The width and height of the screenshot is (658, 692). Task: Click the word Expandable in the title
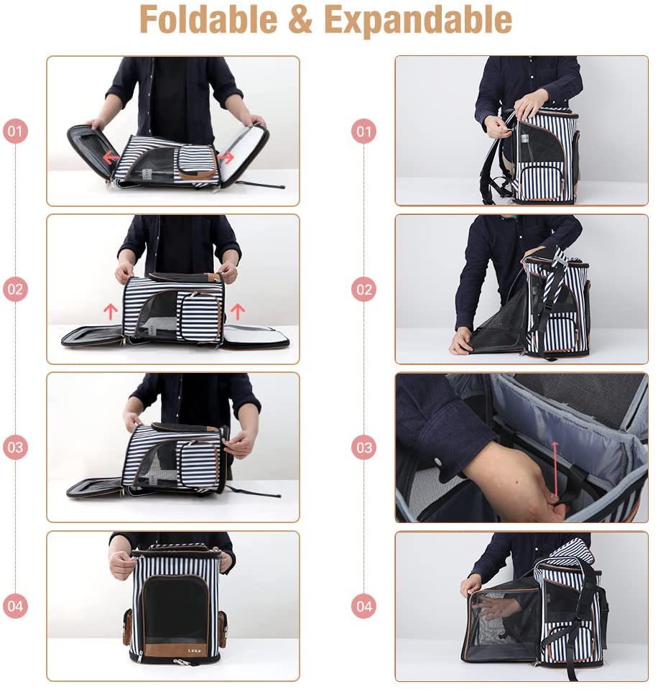pyautogui.click(x=418, y=19)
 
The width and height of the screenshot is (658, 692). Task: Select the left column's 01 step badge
pyautogui.click(x=15, y=132)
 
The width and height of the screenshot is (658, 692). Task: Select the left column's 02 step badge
pyautogui.click(x=15, y=290)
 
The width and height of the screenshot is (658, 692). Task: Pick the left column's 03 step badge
pyautogui.click(x=15, y=448)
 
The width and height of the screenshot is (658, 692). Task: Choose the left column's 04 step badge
pyautogui.click(x=15, y=606)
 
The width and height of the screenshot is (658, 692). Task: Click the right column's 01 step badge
pyautogui.click(x=363, y=132)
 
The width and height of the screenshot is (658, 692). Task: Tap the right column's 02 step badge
pyautogui.click(x=363, y=290)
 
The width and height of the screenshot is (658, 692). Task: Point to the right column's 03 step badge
pyautogui.click(x=363, y=448)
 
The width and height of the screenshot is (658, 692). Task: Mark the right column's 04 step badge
pyautogui.click(x=363, y=606)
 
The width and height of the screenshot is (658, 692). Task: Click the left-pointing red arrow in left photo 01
pyautogui.click(x=110, y=157)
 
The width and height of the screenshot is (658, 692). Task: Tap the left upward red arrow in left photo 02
pyautogui.click(x=110, y=310)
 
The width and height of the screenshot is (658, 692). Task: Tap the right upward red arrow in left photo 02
pyautogui.click(x=237, y=310)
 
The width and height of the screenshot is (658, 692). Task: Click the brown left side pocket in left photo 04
pyautogui.click(x=126, y=628)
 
